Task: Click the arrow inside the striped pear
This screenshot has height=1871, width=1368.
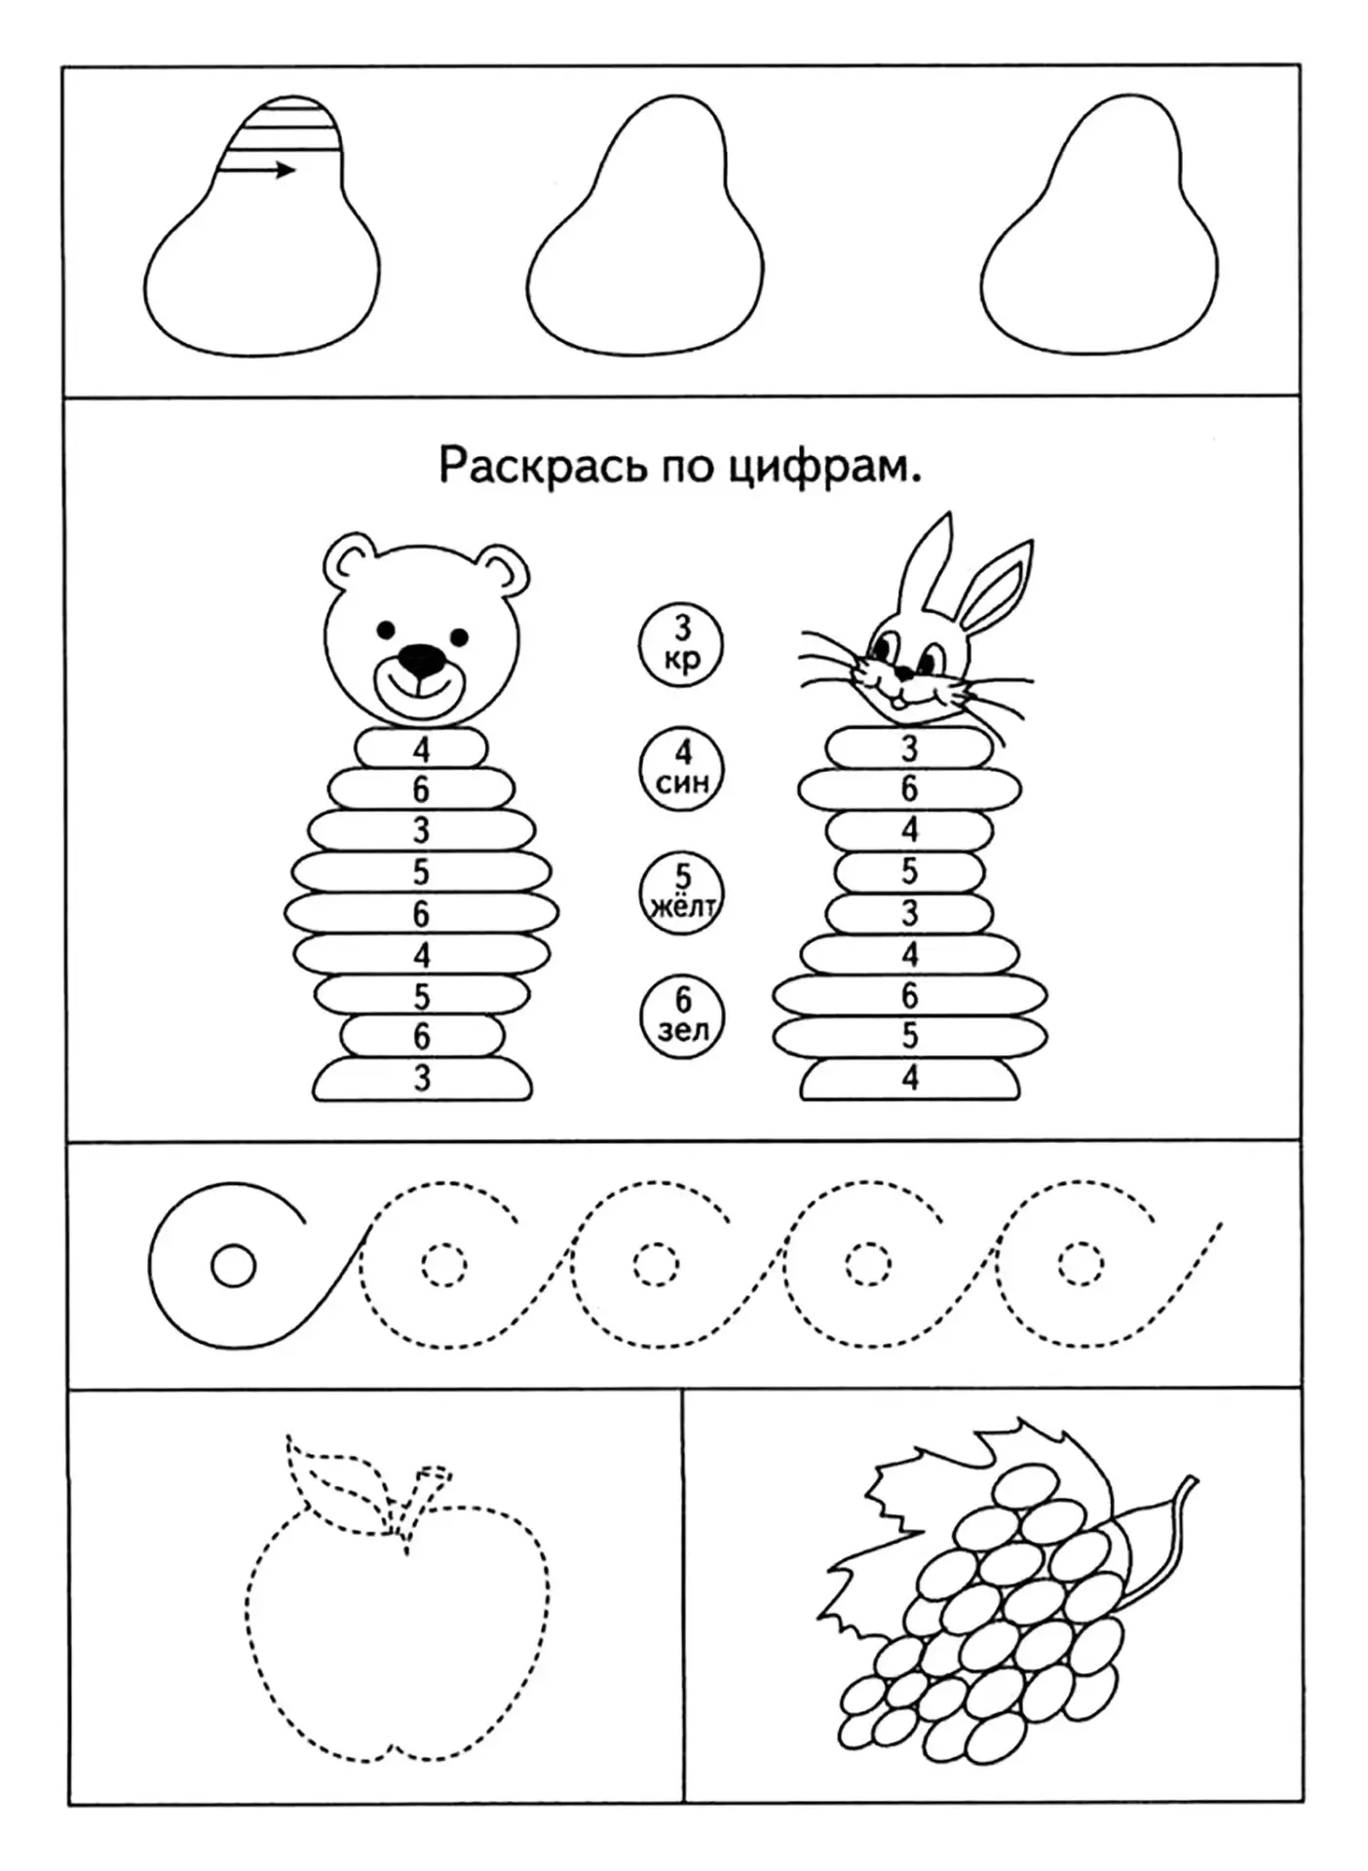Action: click(x=258, y=171)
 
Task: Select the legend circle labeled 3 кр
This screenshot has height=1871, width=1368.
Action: click(x=682, y=643)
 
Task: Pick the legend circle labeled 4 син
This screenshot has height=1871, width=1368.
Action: click(x=682, y=769)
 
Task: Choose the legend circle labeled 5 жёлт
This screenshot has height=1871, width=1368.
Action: click(x=682, y=893)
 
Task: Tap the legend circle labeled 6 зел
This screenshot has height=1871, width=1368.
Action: click(x=682, y=1017)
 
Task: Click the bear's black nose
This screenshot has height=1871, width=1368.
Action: click(x=421, y=660)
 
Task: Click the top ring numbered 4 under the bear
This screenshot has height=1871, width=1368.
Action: click(x=421, y=748)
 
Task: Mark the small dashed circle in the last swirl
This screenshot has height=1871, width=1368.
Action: click(x=1080, y=1265)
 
